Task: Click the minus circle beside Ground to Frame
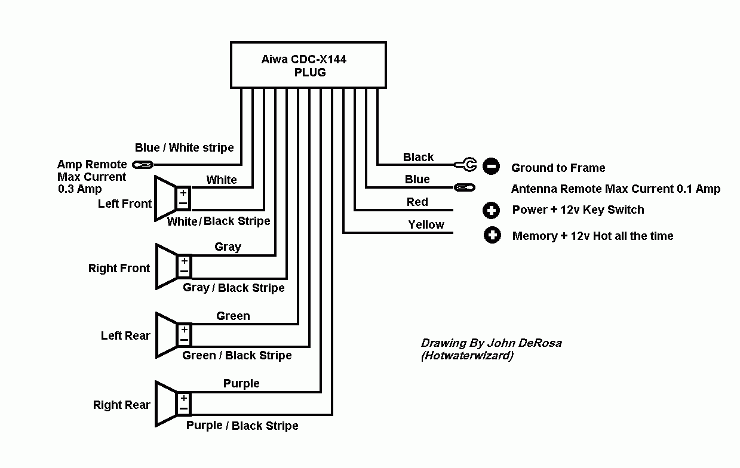click(491, 166)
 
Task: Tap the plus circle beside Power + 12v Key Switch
click(491, 210)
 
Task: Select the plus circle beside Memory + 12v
click(492, 235)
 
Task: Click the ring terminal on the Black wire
click(465, 165)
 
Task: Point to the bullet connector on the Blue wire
click(465, 187)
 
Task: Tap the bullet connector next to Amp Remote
click(143, 165)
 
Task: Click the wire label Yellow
click(426, 224)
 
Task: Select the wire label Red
click(417, 202)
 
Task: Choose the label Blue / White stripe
click(185, 147)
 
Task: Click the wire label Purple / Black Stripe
click(242, 426)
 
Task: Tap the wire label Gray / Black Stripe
click(234, 288)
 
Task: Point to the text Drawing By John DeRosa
click(491, 343)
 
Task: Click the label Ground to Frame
click(558, 168)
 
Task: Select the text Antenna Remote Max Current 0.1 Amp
click(616, 189)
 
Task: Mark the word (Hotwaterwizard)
click(468, 356)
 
